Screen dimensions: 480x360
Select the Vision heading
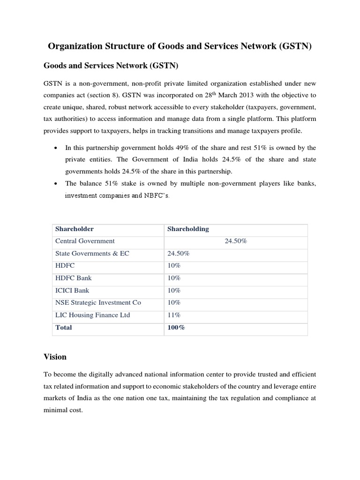pyautogui.click(x=55, y=357)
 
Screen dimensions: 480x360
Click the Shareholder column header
pyautogui.click(x=74, y=229)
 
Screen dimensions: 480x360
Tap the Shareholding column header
pyautogui.click(x=188, y=229)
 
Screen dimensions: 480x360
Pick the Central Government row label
pyautogui.click(x=85, y=241)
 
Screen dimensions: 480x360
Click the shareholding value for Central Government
pyautogui.click(x=236, y=241)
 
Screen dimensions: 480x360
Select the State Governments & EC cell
pyautogui.click(x=92, y=253)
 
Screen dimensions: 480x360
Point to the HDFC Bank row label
pyautogui.click(x=74, y=278)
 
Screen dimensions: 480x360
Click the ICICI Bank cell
pyautogui.click(x=72, y=290)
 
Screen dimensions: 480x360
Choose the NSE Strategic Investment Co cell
pyautogui.click(x=98, y=302)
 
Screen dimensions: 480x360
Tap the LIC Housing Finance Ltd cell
pyautogui.click(x=92, y=315)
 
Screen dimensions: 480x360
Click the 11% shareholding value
pyautogui.click(x=174, y=315)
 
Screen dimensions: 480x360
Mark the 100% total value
pyautogui.click(x=176, y=328)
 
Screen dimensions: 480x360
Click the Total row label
pyautogui.click(x=64, y=328)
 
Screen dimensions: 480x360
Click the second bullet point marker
pyautogui.click(x=56, y=184)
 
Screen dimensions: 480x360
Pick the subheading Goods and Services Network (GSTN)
pyautogui.click(x=111, y=66)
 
